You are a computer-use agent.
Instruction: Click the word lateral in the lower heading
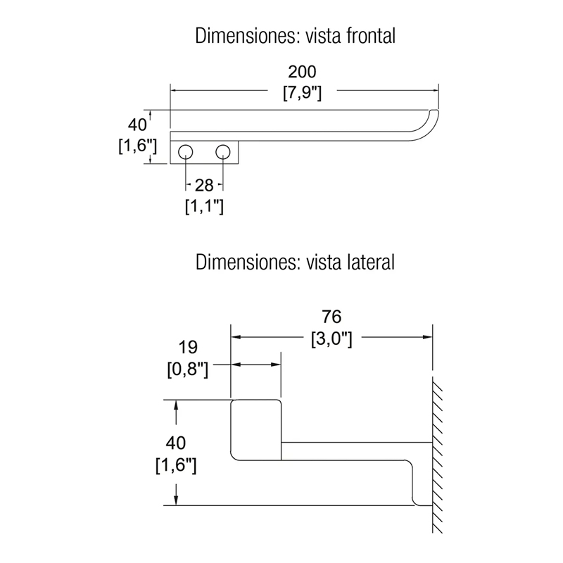372,262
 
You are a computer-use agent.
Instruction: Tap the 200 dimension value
302,72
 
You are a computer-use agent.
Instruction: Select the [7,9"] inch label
302,93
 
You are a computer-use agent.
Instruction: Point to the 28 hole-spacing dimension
204,185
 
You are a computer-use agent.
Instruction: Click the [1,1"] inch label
204,206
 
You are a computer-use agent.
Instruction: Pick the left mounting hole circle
185,152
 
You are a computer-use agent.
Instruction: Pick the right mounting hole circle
223,152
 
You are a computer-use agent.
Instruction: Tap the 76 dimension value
331,317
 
